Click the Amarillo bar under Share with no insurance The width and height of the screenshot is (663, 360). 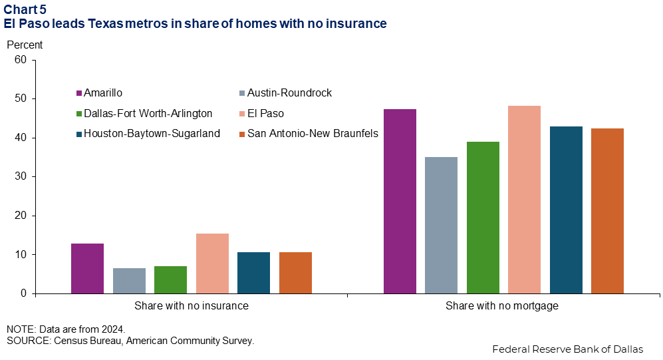(87, 269)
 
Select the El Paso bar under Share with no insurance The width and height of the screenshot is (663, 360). (212, 264)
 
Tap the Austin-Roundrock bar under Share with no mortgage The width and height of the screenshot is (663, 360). (441, 226)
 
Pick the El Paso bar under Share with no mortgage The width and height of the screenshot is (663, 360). (524, 200)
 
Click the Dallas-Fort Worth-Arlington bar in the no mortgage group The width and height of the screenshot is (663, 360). (483, 218)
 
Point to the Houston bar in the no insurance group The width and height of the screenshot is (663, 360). (254, 273)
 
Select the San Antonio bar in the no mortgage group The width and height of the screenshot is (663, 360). (607, 211)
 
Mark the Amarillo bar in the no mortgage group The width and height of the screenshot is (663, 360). (400, 202)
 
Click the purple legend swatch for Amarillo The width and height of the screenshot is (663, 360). (78, 93)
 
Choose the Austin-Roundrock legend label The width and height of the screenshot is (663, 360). (290, 93)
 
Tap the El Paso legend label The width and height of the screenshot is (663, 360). (265, 113)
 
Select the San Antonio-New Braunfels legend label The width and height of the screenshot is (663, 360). (313, 134)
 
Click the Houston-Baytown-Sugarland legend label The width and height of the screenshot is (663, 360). (152, 134)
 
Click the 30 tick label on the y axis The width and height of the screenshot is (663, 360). (21, 176)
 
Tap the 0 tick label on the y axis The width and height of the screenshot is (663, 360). (24, 293)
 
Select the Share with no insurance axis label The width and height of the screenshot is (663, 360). (192, 306)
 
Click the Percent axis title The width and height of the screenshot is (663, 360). (25, 45)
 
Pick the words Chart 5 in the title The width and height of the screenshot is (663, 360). (25, 9)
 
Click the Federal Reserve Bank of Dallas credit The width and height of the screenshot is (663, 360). (567, 349)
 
